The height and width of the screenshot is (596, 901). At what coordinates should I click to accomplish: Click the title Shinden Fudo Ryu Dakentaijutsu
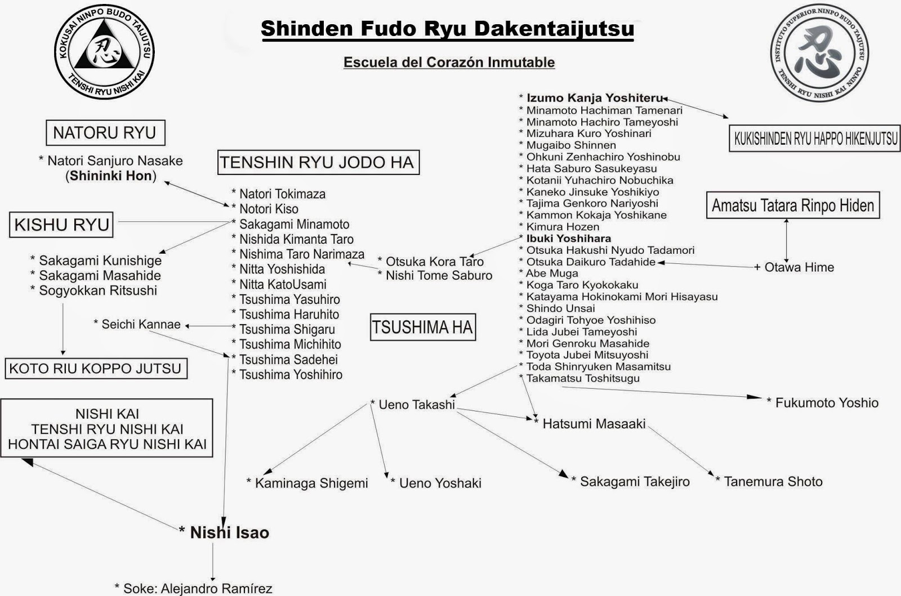pyautogui.click(x=447, y=29)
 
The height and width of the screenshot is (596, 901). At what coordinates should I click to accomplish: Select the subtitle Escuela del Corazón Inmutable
pyautogui.click(x=449, y=62)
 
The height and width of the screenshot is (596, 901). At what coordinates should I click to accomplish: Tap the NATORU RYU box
pyautogui.click(x=105, y=133)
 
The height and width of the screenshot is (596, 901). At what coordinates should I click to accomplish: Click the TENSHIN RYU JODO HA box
pyautogui.click(x=318, y=163)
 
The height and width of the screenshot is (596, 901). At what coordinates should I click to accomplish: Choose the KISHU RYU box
pyautogui.click(x=61, y=225)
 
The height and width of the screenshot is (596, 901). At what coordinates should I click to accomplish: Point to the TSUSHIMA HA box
pyautogui.click(x=422, y=328)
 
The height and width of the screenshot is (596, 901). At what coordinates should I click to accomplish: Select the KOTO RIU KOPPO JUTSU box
pyautogui.click(x=96, y=369)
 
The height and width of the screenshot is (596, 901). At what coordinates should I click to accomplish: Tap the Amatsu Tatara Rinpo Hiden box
pyautogui.click(x=792, y=205)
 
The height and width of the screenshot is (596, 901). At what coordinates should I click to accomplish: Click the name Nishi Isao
pyautogui.click(x=229, y=532)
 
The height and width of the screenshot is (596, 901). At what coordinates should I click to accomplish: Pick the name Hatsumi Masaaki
pyautogui.click(x=594, y=424)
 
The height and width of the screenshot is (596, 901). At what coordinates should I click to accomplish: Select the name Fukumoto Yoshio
pyautogui.click(x=826, y=402)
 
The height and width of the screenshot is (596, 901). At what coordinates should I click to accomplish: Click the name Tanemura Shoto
pyautogui.click(x=773, y=482)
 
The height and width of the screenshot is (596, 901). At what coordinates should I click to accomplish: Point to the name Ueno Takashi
pyautogui.click(x=416, y=405)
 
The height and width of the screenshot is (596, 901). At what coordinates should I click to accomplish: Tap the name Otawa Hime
pyautogui.click(x=799, y=267)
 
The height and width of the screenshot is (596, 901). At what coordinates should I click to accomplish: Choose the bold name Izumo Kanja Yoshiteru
pyautogui.click(x=595, y=98)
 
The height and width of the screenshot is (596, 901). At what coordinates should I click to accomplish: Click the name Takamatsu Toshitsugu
pyautogui.click(x=582, y=378)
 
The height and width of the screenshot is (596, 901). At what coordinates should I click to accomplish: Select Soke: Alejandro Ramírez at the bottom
pyautogui.click(x=198, y=589)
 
